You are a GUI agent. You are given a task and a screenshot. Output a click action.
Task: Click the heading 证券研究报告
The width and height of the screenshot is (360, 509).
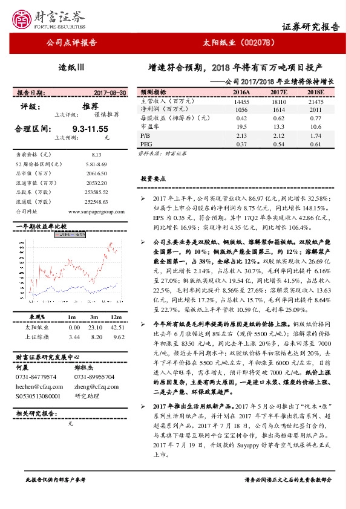pyautogui.click(x=311, y=27)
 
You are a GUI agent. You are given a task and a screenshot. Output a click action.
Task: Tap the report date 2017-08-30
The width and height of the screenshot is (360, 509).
pyautogui.click(x=110, y=92)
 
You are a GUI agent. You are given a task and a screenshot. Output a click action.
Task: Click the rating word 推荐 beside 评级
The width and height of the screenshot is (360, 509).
pyautogui.click(x=90, y=106)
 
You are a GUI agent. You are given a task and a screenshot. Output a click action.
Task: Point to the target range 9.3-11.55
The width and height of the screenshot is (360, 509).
pyautogui.click(x=90, y=129)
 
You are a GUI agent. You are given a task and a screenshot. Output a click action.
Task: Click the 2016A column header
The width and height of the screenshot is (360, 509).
pyautogui.click(x=241, y=92)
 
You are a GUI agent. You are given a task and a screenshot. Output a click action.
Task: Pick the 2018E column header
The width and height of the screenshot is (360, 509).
pyautogui.click(x=315, y=92)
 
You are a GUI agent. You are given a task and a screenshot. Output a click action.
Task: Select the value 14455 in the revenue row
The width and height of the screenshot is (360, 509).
pyautogui.click(x=241, y=102)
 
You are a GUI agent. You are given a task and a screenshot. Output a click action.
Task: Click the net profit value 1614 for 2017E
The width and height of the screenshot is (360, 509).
pyautogui.click(x=278, y=111)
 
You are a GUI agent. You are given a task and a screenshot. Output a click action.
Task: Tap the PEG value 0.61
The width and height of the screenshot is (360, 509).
pyautogui.click(x=316, y=144)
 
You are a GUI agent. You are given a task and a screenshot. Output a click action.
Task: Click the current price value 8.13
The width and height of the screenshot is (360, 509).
pyautogui.click(x=98, y=155)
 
